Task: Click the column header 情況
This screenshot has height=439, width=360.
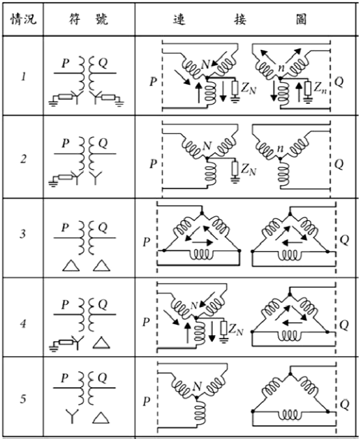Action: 23,19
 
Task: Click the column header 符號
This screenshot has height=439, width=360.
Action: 88,19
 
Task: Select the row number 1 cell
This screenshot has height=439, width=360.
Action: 23,77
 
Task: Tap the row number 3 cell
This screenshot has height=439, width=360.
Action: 23,233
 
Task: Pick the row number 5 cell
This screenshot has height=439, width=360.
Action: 23,399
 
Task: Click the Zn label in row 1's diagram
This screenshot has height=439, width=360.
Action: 320,88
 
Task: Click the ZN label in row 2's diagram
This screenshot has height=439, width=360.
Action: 248,169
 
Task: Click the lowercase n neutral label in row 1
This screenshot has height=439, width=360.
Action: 280,68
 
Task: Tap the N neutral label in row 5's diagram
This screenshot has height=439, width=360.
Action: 197,386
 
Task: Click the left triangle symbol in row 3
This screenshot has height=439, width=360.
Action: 70,265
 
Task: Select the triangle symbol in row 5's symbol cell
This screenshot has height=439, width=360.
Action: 101,418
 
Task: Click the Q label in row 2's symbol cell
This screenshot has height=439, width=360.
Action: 103,144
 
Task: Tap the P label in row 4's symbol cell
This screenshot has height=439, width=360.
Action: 65,304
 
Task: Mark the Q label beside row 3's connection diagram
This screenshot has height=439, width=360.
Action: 344,240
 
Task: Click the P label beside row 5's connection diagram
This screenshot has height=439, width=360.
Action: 146,401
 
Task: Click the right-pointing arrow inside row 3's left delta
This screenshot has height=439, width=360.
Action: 203,243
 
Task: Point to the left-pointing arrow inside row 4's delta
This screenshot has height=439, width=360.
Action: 292,323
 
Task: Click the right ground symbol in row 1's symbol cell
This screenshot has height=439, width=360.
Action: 120,103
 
